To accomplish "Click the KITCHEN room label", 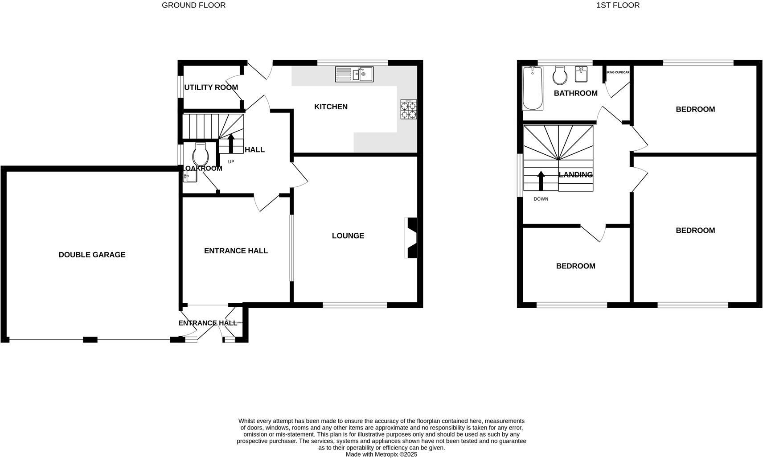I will (x=331, y=107).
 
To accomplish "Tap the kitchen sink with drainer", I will (x=354, y=74).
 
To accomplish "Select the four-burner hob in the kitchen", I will (x=409, y=110).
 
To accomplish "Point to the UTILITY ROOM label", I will (x=211, y=87).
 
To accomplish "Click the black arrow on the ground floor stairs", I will (x=231, y=143).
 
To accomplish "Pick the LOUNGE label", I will (x=348, y=235).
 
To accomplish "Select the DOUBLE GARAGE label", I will (x=92, y=255).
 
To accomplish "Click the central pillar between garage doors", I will (x=90, y=340).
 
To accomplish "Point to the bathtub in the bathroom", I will (x=532, y=88).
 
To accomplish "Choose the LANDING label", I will (x=576, y=175).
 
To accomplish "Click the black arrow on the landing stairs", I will (x=541, y=181).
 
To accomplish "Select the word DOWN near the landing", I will (x=541, y=199).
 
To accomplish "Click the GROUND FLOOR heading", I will (x=193, y=5).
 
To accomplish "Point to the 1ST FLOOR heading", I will (x=618, y=5).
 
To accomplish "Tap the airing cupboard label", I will (x=618, y=72).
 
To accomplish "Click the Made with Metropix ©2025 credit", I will (x=381, y=454).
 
